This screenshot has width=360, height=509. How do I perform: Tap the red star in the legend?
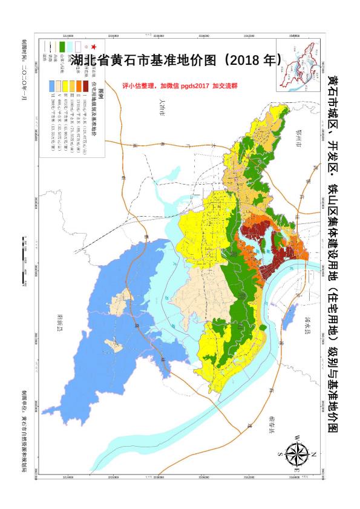(93, 47)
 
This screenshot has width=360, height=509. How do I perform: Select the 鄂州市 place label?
(295, 136)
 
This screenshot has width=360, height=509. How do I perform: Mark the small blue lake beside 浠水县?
(290, 314)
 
